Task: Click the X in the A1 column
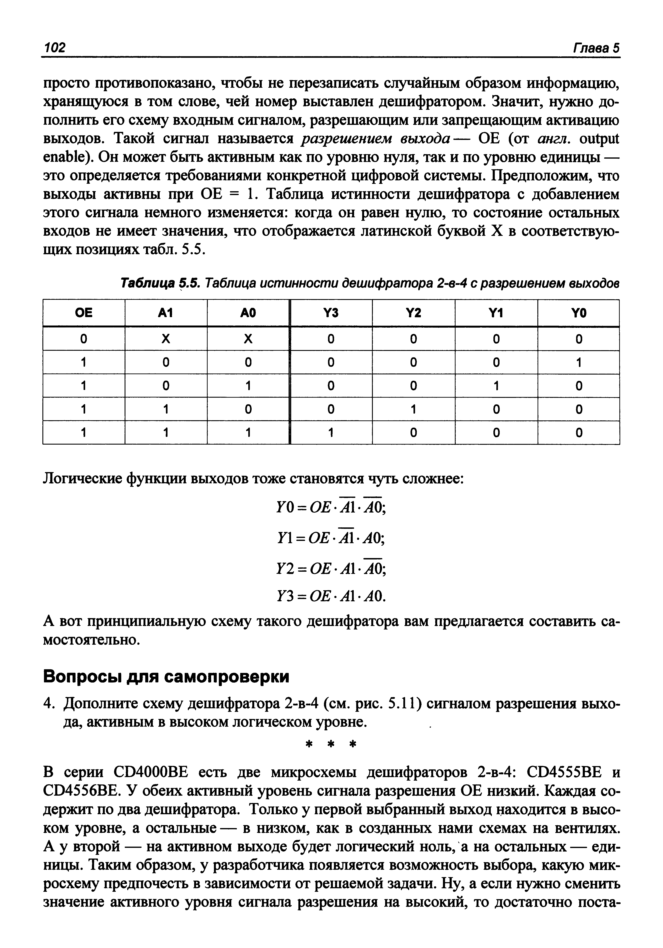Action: point(166,339)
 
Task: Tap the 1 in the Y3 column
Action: point(331,433)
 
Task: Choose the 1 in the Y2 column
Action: point(413,409)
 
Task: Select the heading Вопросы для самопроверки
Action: point(166,677)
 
